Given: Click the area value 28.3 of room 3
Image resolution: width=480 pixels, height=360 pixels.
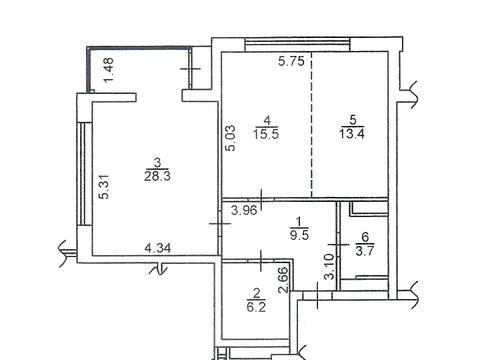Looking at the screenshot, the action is coord(157,176).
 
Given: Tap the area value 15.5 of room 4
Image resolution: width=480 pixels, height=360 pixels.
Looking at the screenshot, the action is coord(266,134).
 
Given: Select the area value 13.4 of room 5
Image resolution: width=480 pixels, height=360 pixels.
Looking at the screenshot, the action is coord(352,134).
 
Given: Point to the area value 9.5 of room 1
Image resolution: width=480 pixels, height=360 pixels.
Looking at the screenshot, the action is coord(299,235).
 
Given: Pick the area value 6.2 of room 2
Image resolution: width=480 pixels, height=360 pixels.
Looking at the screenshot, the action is coord(256,307).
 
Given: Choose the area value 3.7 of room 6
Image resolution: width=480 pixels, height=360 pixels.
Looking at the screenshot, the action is coord(365,251).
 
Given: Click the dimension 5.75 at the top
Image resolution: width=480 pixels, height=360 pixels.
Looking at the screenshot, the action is coord(292,61).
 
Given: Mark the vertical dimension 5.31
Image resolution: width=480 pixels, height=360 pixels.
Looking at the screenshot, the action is coord(105,187).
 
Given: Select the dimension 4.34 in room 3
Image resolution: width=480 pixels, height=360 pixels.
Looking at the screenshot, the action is coord(158,248).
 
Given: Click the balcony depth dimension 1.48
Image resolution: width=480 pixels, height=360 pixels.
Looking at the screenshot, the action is coord(109,70).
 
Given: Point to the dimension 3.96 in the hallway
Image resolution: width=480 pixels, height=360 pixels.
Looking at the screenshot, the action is coord(244,211).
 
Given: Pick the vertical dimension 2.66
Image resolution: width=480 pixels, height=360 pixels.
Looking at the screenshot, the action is coord(283,280).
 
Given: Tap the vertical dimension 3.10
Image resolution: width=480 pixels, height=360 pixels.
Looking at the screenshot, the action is coord(330,266).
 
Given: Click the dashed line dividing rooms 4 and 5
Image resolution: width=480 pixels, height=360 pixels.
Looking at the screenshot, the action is coord(312,125).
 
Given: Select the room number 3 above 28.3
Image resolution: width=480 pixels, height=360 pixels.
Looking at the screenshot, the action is coord(158,163).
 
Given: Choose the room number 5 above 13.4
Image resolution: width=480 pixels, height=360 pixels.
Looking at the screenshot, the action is coord(352,120).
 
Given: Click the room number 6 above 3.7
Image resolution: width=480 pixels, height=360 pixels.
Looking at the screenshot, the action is coord(365,237).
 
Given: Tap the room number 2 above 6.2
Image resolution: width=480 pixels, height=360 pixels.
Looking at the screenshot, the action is coord(257,293).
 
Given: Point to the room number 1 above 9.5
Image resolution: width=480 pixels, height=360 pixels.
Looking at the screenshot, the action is coord(299,221).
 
